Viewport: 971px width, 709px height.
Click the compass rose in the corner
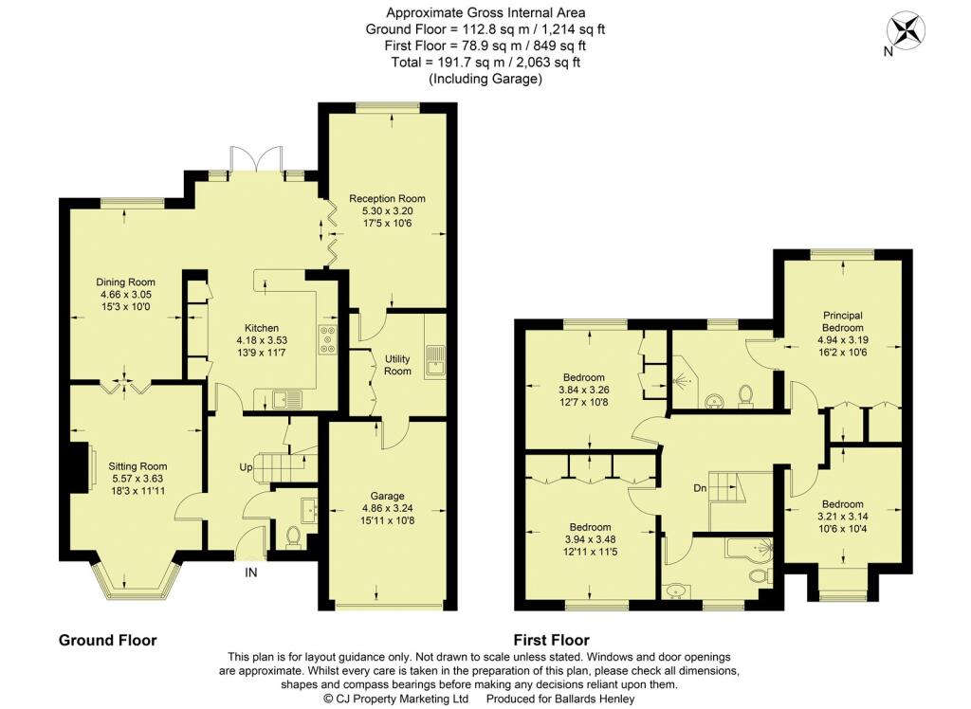pos(906,30)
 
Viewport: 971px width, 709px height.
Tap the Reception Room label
pos(387,199)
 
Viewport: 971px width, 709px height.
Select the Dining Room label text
pos(126,282)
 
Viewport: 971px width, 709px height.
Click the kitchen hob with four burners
pos(327,340)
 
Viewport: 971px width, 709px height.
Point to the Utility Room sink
pos(434,360)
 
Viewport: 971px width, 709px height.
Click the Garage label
pos(387,496)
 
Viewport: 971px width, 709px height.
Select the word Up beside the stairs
pos(246,467)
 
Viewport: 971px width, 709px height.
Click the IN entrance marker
pos(250,573)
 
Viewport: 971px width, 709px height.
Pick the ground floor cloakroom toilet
pos(293,536)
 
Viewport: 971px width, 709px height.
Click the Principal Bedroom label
pos(843,321)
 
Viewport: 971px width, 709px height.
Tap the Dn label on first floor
pos(701,488)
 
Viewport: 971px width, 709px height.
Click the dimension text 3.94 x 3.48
pos(583,539)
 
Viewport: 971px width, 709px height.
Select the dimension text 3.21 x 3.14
pos(843,517)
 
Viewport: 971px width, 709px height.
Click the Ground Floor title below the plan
pos(108,640)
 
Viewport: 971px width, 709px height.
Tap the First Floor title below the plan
pos(552,640)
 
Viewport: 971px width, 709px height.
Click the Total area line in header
pos(485,62)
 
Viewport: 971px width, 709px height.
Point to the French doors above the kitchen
pos(255,161)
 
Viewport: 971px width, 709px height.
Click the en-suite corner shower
pos(686,376)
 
